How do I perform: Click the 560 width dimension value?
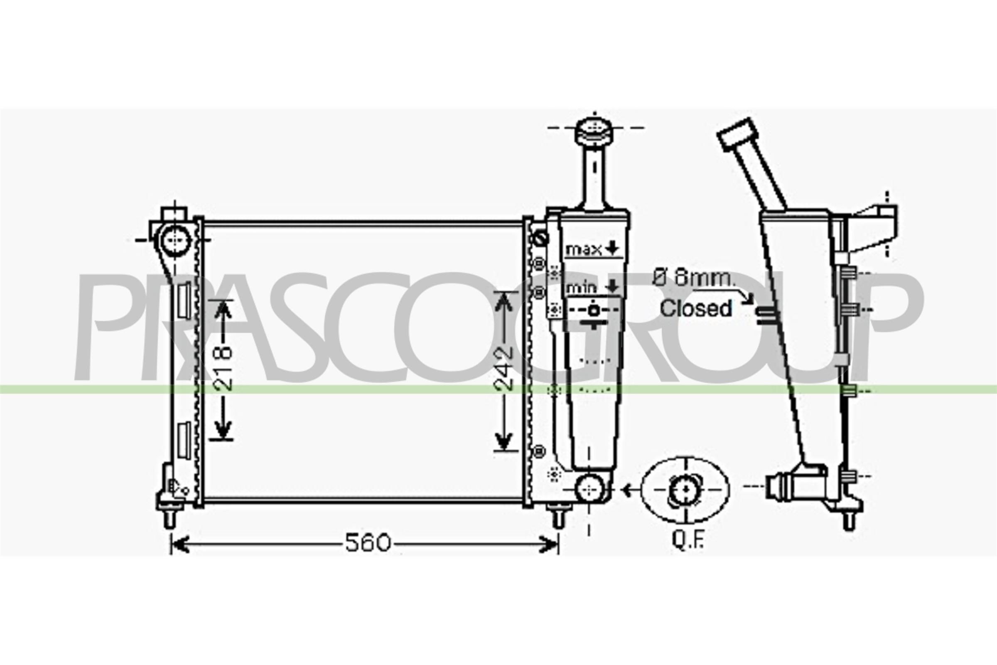(367, 543)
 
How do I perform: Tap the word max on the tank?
(583, 249)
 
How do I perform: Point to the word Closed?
(695, 308)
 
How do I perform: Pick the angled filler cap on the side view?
(737, 134)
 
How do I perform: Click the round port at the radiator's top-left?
(174, 241)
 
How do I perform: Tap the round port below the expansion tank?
(589, 489)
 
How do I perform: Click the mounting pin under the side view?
(849, 520)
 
